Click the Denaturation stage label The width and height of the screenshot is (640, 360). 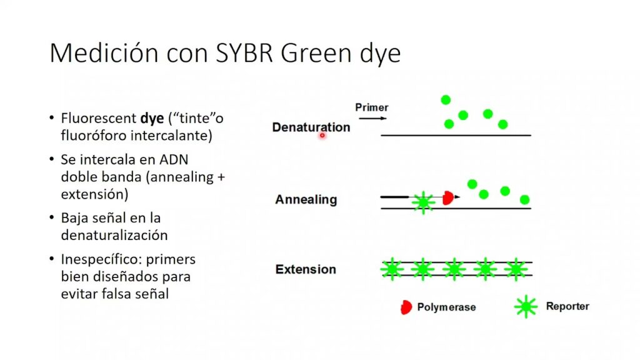click(311, 127)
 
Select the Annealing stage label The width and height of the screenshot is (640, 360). click(306, 199)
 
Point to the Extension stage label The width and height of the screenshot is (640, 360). click(306, 269)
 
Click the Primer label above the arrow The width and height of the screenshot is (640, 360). click(371, 107)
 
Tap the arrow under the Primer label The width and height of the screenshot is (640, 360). click(372, 118)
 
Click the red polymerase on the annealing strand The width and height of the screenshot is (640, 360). click(448, 198)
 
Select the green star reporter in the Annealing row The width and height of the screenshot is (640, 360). click(423, 202)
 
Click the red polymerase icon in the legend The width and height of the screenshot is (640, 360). click(406, 307)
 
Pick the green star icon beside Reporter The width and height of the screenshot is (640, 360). click(526, 306)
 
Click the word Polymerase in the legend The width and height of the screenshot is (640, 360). click(446, 307)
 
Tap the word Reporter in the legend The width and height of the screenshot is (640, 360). click(567, 306)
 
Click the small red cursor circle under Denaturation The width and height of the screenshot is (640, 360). click(322, 135)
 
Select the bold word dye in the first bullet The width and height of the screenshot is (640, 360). click(152, 118)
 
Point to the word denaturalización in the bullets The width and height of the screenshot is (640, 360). click(114, 235)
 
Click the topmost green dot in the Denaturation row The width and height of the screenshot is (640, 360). click(446, 99)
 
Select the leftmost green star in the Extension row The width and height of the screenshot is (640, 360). click(392, 269)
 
